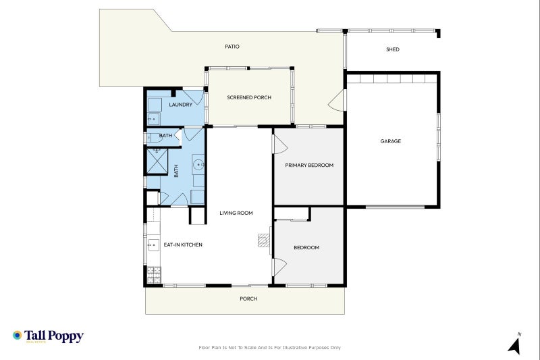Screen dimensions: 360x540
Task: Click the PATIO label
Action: [232, 47]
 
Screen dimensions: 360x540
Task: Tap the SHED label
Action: [392, 49]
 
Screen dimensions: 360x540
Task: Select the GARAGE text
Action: [390, 141]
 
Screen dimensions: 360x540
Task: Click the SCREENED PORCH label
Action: [249, 98]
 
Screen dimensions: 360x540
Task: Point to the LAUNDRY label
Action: [180, 105]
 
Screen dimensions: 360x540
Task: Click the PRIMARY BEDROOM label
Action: [309, 165]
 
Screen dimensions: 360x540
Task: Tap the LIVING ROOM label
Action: [236, 213]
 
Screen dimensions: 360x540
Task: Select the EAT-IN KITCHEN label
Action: [183, 245]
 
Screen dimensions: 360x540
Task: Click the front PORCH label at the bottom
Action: [248, 299]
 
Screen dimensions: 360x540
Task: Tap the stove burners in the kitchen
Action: [153, 274]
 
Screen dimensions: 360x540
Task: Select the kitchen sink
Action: [151, 243]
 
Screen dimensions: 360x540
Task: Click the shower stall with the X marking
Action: [157, 162]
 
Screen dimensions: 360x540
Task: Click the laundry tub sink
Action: [154, 119]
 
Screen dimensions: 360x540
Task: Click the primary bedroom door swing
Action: [279, 144]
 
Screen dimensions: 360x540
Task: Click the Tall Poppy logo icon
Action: [17, 335]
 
